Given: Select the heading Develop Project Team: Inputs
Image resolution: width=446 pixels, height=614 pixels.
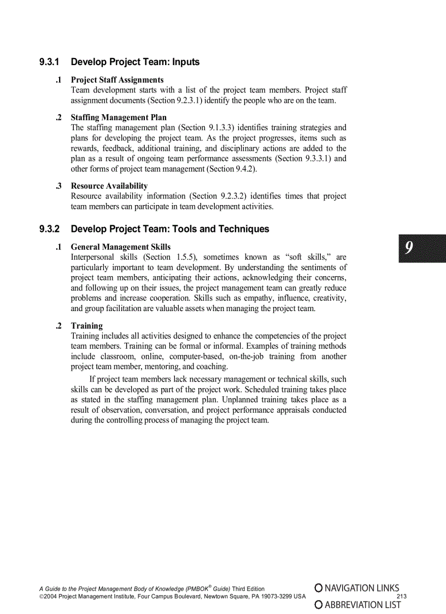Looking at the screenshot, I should pyautogui.click(x=135, y=62).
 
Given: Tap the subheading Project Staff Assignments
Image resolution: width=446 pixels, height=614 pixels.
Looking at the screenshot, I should pyautogui.click(x=117, y=80).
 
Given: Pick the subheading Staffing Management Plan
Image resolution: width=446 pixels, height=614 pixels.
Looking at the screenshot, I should pyautogui.click(x=119, y=118).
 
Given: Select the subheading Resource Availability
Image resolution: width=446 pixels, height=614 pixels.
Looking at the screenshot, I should pyautogui.click(x=109, y=186).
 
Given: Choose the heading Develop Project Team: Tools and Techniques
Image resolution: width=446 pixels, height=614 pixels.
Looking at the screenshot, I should pyautogui.click(x=170, y=229).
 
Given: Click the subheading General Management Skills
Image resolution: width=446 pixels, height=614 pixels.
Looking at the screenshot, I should pyautogui.click(x=120, y=247).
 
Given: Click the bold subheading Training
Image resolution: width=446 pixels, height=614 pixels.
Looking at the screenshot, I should pyautogui.click(x=86, y=326).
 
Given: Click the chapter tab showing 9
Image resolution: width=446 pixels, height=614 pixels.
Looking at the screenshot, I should pyautogui.click(x=421, y=249).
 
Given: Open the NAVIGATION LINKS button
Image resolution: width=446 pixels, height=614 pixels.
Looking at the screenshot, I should pyautogui.click(x=357, y=588).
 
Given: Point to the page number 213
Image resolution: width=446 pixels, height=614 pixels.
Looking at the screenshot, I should pyautogui.click(x=402, y=597).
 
